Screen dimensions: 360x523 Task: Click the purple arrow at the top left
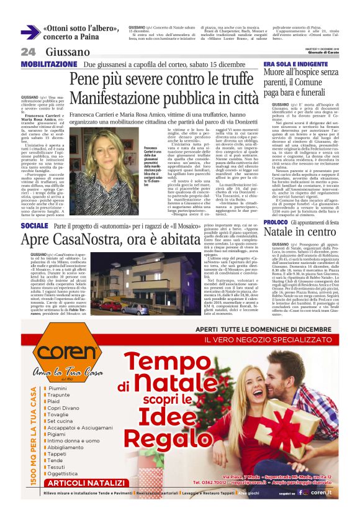tap(29, 33)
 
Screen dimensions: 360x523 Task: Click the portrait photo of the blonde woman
tap(114, 158)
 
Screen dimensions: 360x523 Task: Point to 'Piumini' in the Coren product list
tap(58, 371)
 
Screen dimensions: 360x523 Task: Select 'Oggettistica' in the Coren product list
tap(63, 473)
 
